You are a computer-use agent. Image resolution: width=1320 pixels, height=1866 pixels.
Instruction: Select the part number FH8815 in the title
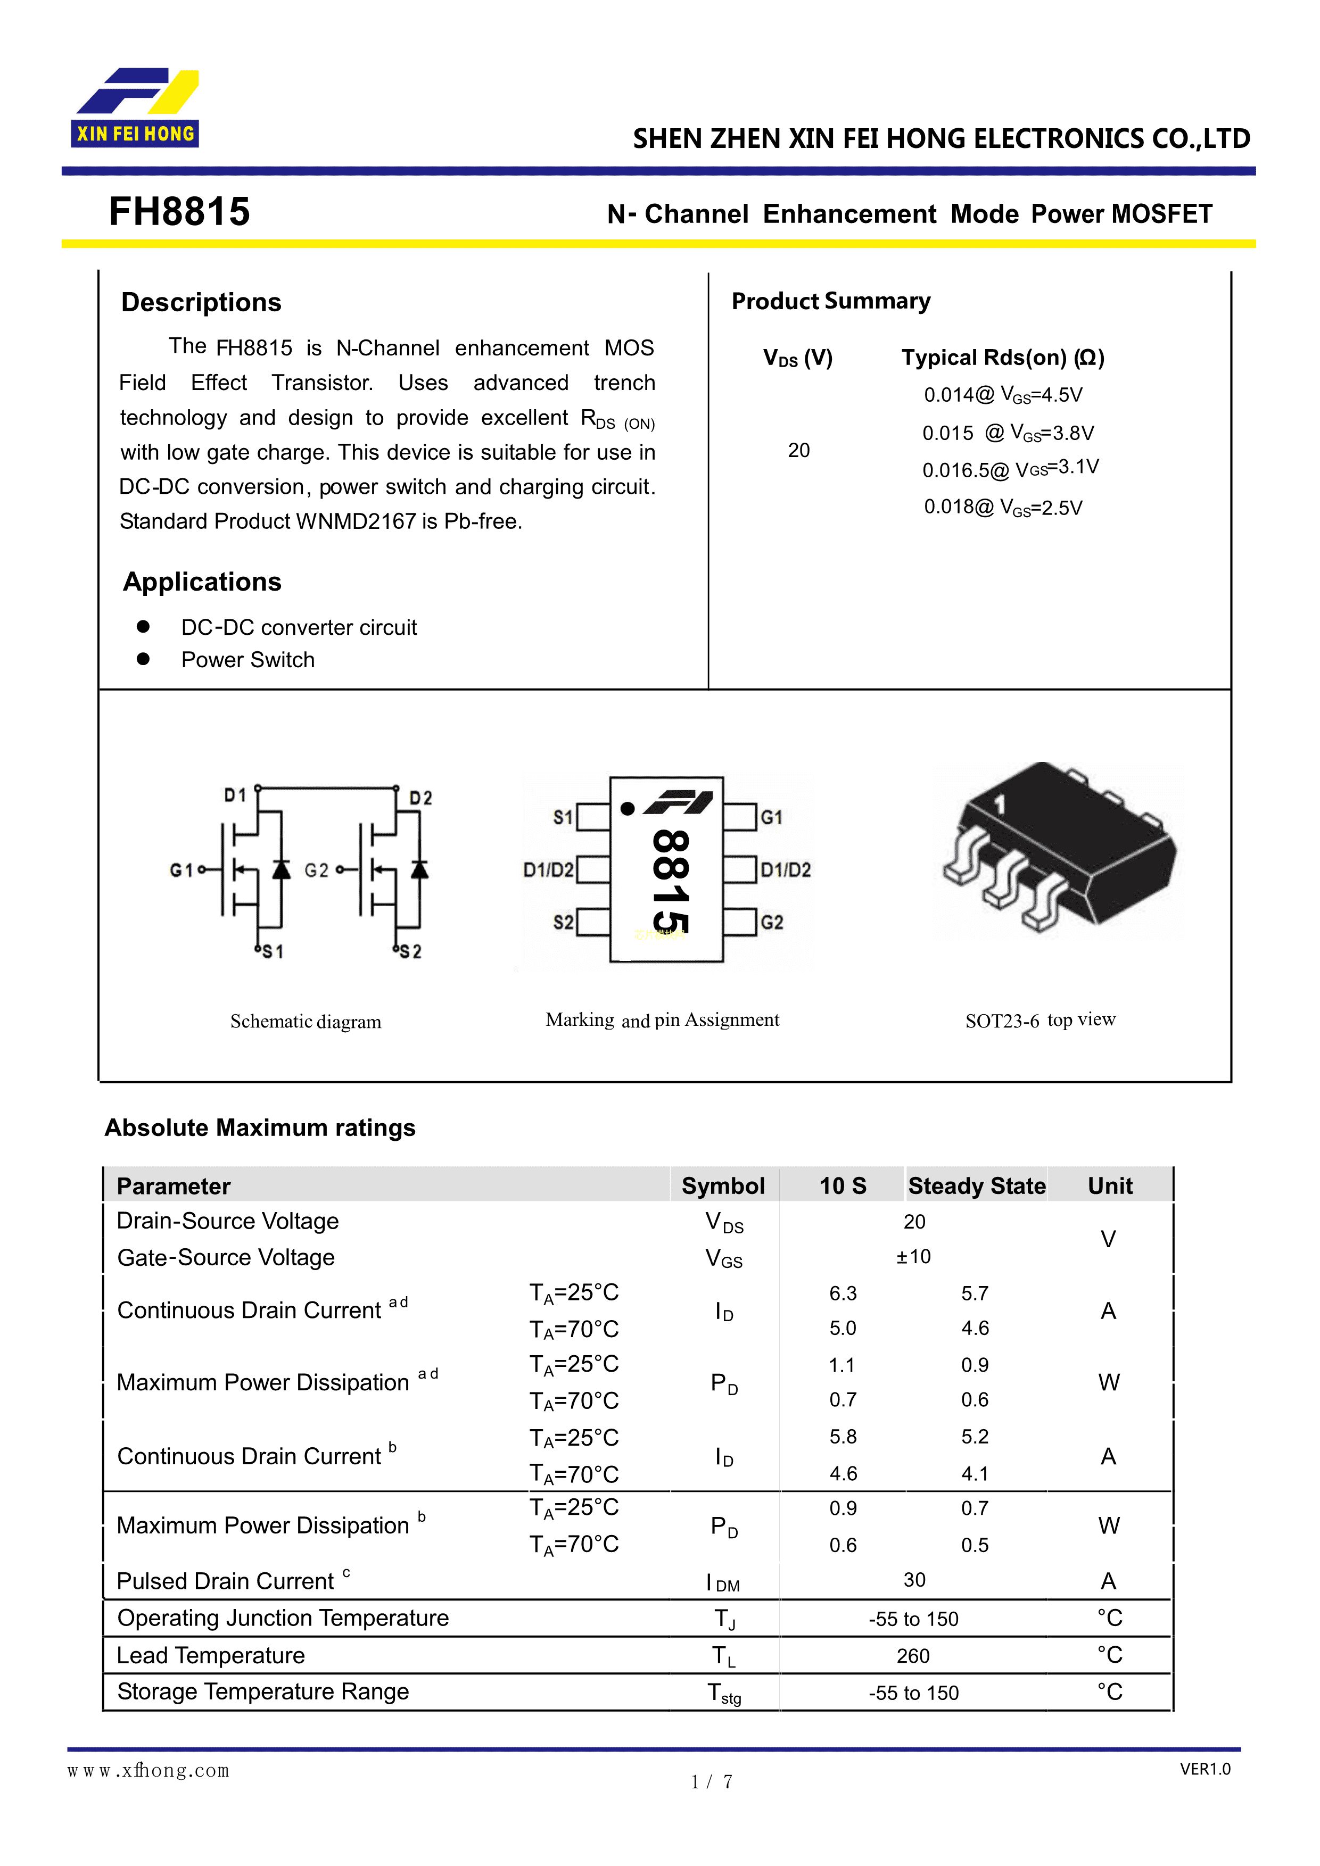[179, 212]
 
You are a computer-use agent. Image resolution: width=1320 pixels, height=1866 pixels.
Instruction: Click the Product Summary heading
[831, 302]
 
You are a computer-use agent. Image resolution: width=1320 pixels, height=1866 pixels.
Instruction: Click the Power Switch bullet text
[248, 660]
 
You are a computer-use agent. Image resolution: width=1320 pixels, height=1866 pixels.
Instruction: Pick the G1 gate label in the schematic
[181, 870]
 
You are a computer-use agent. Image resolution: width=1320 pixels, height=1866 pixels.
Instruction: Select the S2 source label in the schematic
[410, 952]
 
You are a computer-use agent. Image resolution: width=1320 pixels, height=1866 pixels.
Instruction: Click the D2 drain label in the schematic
[420, 798]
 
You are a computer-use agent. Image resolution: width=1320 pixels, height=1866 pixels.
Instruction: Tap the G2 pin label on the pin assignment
[771, 923]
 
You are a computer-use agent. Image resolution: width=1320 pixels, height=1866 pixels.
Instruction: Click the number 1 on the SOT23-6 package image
[1000, 805]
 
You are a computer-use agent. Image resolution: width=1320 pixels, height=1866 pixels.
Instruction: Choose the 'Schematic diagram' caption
[306, 1022]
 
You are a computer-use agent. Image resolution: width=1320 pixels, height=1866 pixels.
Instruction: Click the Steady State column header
[976, 1186]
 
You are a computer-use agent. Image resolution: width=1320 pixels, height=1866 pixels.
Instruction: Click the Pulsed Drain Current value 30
[914, 1580]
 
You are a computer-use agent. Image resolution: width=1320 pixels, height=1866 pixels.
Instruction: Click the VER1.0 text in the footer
[1204, 1769]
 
